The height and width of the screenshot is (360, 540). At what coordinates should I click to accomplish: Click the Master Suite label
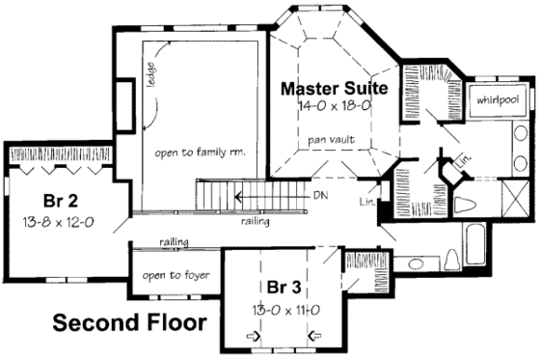pos(333,89)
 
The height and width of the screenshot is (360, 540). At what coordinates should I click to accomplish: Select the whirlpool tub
pos(495,99)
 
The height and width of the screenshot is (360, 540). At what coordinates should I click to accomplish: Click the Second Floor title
pos(128,322)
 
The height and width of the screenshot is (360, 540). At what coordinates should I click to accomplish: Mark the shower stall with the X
pos(509,202)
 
